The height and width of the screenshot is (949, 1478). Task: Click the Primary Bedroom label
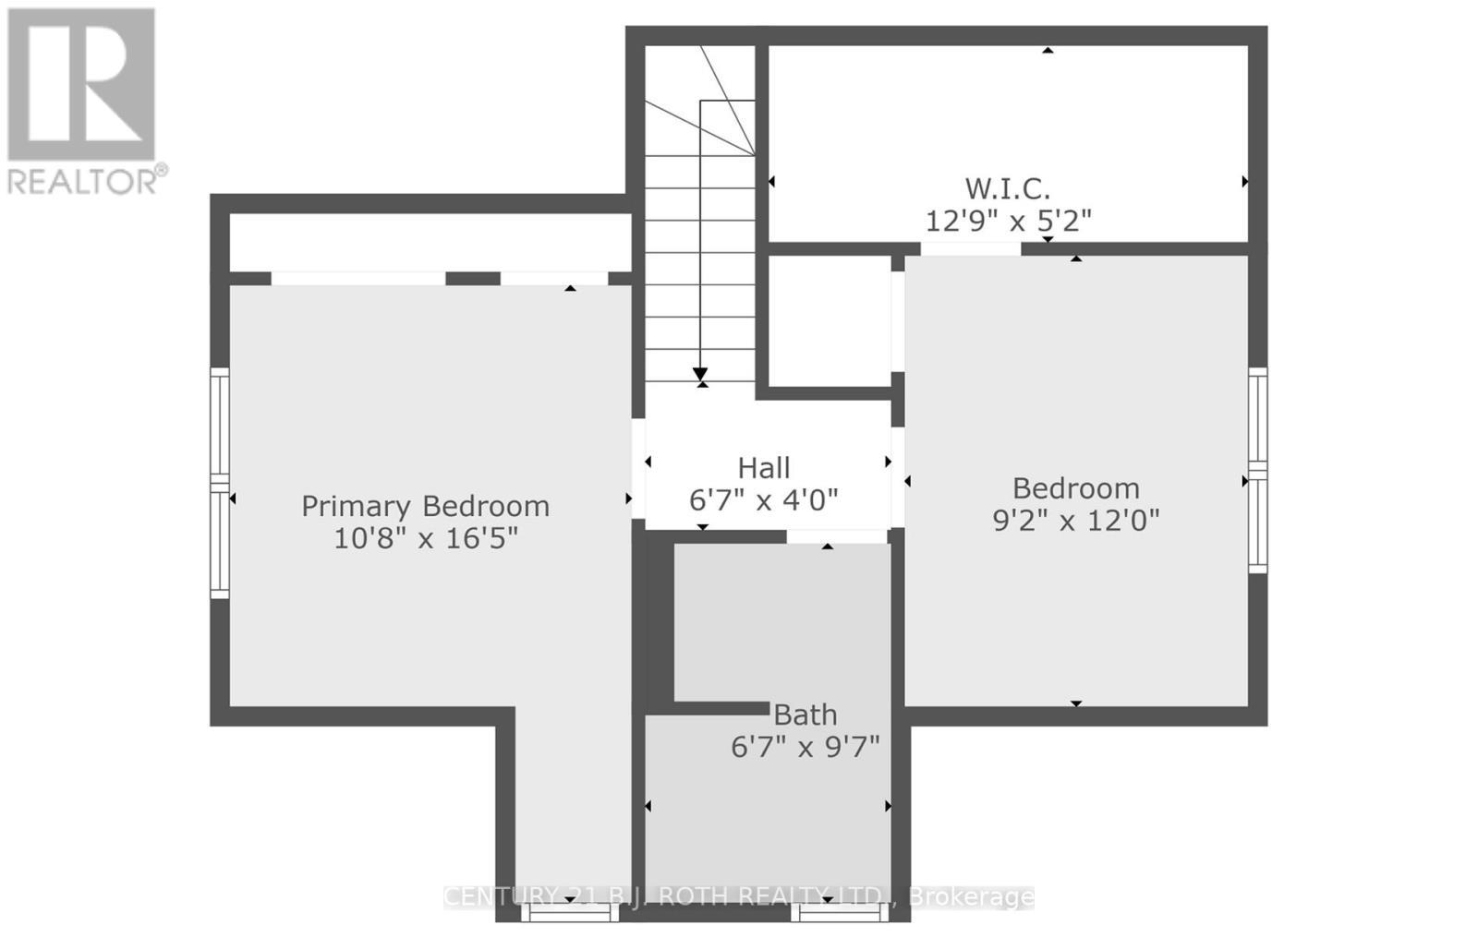coord(425,506)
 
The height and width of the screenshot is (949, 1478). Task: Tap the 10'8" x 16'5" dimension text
coord(425,537)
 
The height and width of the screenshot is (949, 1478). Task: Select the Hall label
coord(764,468)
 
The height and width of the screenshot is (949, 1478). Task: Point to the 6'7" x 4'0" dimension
coord(764,499)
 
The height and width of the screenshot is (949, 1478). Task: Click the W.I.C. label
coord(1008,188)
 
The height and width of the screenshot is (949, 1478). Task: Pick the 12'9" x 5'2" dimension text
coord(1008,221)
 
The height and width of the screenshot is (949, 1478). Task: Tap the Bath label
coord(806,715)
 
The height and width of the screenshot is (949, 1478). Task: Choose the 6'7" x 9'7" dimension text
coord(806,746)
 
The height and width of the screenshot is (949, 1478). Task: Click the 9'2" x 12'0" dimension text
coord(1075,521)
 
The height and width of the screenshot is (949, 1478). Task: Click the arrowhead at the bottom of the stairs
coord(700,375)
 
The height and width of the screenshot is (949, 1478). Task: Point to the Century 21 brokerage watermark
coord(739,896)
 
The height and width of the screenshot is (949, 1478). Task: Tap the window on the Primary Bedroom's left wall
coord(219,482)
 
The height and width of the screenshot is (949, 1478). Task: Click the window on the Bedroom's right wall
coord(1257,470)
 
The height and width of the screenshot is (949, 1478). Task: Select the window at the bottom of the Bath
coord(839,912)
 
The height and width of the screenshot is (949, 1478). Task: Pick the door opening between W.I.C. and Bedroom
coord(970,248)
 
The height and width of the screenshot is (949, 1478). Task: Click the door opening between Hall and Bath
coord(837,536)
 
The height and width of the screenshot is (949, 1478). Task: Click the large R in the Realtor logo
coord(81,85)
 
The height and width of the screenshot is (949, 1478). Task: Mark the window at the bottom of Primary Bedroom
coord(569,912)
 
